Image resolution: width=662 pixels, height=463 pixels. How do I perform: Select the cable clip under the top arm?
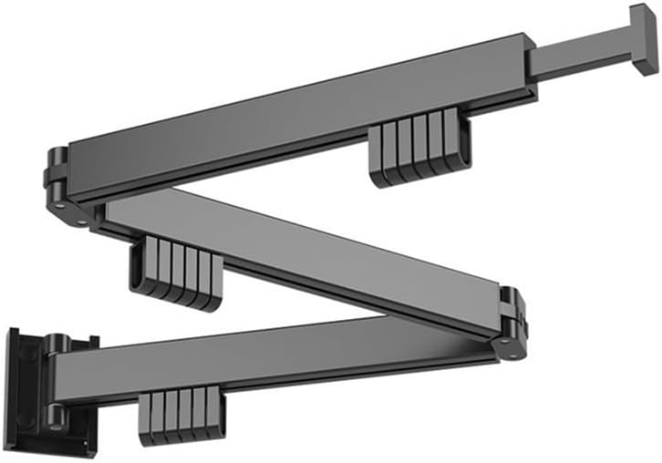pos(419,150)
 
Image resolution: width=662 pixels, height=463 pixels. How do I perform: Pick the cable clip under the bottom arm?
pos(182,416)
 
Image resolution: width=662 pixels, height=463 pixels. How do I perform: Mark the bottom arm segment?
pos(274,355)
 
